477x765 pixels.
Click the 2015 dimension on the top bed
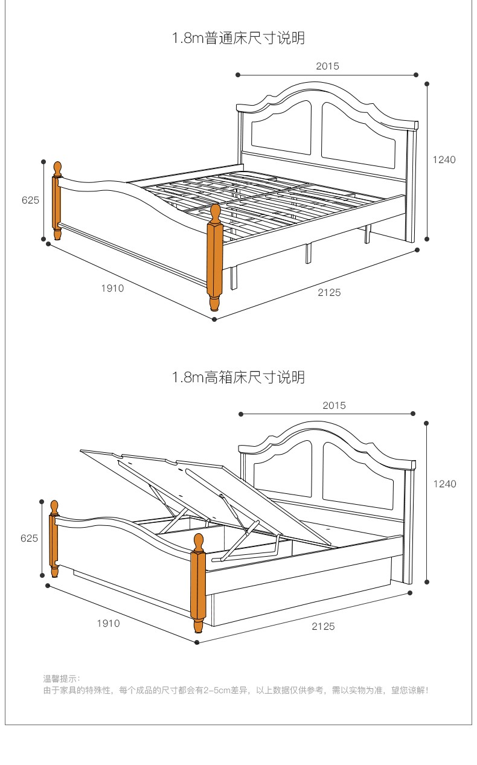tap(327, 66)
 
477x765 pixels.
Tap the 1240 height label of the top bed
tap(444, 160)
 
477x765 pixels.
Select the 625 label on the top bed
tap(30, 200)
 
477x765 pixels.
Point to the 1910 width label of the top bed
tap(112, 289)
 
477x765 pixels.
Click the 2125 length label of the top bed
tap(329, 293)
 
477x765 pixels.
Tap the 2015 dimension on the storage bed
tap(334, 406)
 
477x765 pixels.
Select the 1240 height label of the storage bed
tap(444, 484)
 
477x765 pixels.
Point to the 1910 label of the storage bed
tap(109, 623)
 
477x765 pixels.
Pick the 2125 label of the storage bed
tap(323, 627)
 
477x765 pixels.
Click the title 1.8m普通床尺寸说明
tap(238, 39)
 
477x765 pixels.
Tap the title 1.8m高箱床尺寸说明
tap(238, 378)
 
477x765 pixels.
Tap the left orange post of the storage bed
tap(54, 537)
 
